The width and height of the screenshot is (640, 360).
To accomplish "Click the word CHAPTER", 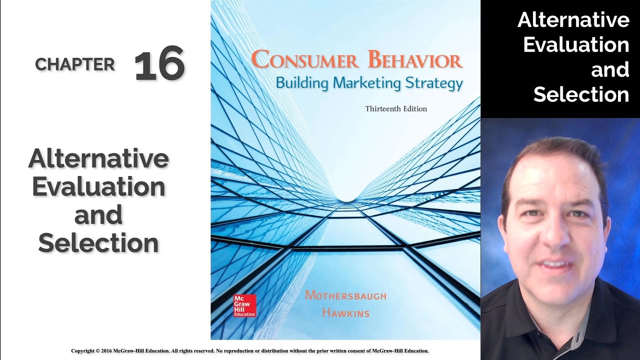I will (x=75, y=64).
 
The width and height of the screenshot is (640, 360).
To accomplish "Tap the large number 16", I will (x=159, y=65).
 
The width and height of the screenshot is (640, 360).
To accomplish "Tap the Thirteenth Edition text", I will (x=396, y=108).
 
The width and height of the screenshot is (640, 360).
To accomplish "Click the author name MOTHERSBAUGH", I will (x=345, y=295).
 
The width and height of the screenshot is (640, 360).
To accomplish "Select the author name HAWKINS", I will (x=345, y=313).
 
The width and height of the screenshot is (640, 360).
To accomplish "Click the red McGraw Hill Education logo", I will (x=244, y=305).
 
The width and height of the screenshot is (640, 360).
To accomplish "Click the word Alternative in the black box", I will (x=573, y=20).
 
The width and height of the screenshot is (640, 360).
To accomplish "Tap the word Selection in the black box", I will (x=580, y=94).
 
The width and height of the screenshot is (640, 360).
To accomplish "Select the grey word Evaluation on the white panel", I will (x=98, y=187).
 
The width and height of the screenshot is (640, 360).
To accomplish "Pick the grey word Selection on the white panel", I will (x=98, y=243).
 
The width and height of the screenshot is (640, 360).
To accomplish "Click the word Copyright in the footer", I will (x=84, y=351).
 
